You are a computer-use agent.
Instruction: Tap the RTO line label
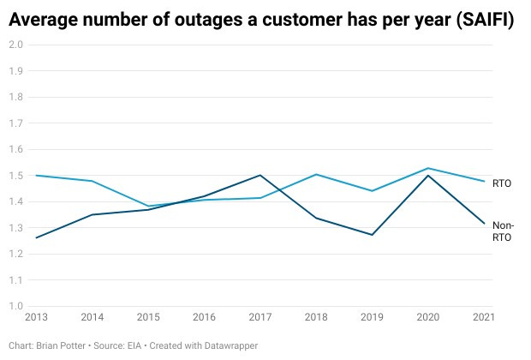click(502, 183)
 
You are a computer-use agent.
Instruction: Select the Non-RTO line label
click(503, 231)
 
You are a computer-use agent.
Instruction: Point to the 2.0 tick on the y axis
click(15, 44)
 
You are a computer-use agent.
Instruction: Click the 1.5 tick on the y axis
click(15, 176)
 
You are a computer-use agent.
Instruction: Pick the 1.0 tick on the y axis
click(15, 307)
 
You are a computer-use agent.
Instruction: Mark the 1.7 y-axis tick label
click(15, 123)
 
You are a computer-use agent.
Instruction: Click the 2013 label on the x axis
click(36, 318)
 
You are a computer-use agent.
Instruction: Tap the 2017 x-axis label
click(260, 318)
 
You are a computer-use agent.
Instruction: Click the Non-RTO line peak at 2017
click(260, 175)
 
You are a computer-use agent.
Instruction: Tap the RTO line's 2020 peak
click(427, 168)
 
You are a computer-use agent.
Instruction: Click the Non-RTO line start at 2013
click(36, 237)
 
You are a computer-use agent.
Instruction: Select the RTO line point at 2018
click(315, 174)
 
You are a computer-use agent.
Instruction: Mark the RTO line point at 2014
click(92, 181)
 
